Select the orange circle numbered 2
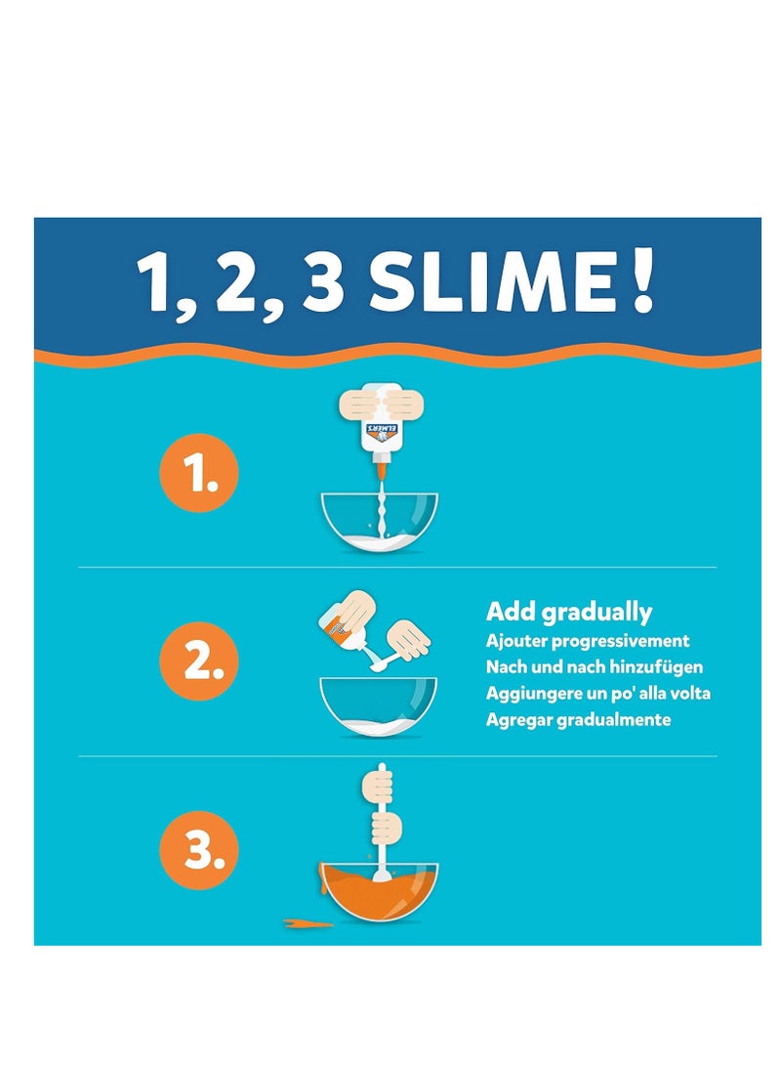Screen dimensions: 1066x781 click(199, 661)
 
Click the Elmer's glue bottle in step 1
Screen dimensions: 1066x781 click(379, 431)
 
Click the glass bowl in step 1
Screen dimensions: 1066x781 click(379, 523)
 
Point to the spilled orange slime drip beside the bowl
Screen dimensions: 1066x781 click(303, 921)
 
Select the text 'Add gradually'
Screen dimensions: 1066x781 click(569, 613)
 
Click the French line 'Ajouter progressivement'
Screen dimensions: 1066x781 click(588, 641)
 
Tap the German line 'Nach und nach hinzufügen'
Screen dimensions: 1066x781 click(595, 667)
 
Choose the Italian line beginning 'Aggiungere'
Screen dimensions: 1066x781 click(597, 694)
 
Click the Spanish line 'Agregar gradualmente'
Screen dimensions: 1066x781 click(578, 720)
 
